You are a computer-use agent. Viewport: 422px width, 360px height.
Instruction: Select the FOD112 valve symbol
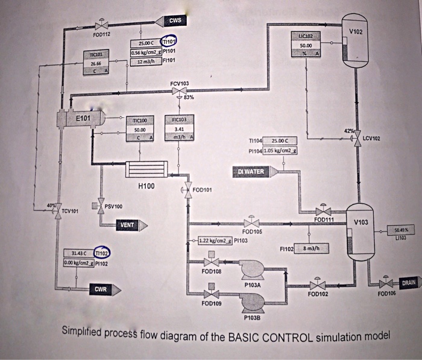click(100, 27)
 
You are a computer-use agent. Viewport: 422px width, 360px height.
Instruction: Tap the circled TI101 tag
click(168, 43)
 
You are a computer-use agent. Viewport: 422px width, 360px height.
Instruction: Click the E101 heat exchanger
click(81, 119)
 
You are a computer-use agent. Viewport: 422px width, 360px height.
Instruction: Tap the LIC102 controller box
click(305, 45)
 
